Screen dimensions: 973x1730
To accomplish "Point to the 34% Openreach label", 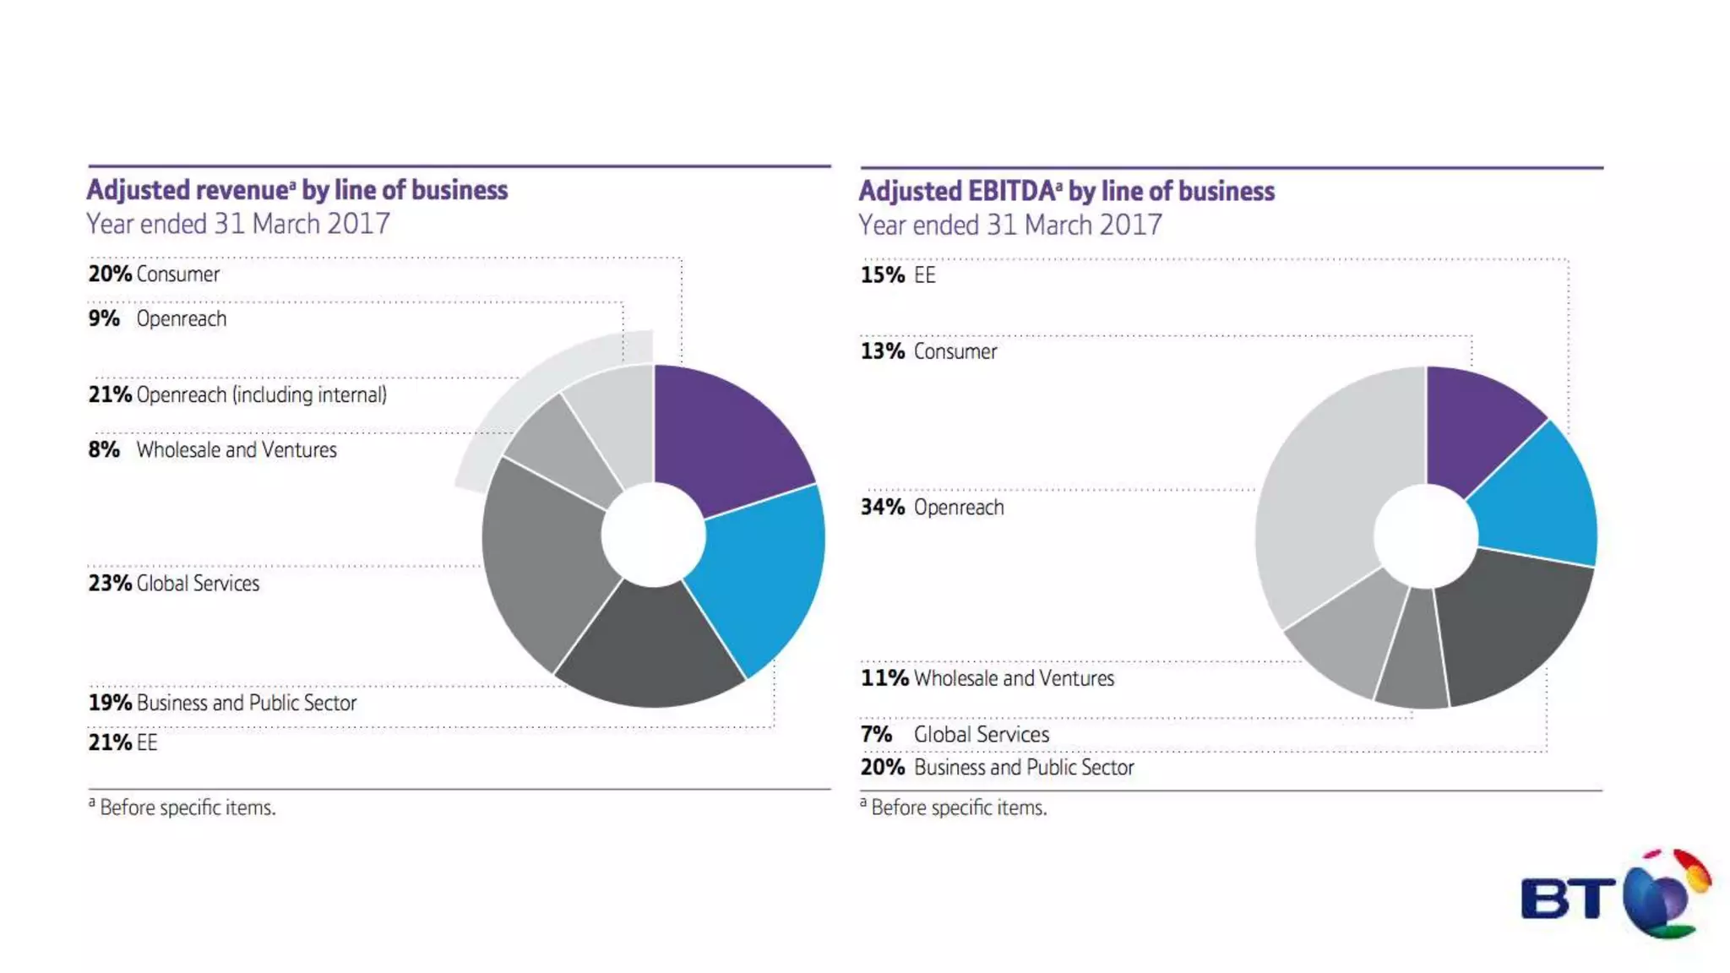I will pyautogui.click(x=933, y=508).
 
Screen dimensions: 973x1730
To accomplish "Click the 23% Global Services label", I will pyautogui.click(x=174, y=584).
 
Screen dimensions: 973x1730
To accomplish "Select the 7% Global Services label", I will pyautogui.click(x=955, y=735).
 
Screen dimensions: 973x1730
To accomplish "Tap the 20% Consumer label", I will pyautogui.click(x=154, y=275).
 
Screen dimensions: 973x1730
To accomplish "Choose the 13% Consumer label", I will pyautogui.click(x=928, y=351).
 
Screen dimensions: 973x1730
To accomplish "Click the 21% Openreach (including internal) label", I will pyautogui.click(x=237, y=395).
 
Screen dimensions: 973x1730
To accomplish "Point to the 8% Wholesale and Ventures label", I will pyautogui.click(x=212, y=450).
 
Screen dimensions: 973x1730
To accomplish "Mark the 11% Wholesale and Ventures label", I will pyautogui.click(x=987, y=678).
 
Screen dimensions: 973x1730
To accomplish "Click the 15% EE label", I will pyautogui.click(x=898, y=275).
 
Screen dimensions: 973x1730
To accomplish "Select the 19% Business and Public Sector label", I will pyautogui.click(x=222, y=703).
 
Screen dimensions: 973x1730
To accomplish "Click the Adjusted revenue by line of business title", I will pyautogui.click(x=297, y=190).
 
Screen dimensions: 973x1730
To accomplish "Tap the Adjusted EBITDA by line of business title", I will pyautogui.click(x=1067, y=192).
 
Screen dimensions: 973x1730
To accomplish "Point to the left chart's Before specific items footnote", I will pyautogui.click(x=182, y=807).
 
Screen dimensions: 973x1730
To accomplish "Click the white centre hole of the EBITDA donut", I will pyautogui.click(x=1426, y=535).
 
